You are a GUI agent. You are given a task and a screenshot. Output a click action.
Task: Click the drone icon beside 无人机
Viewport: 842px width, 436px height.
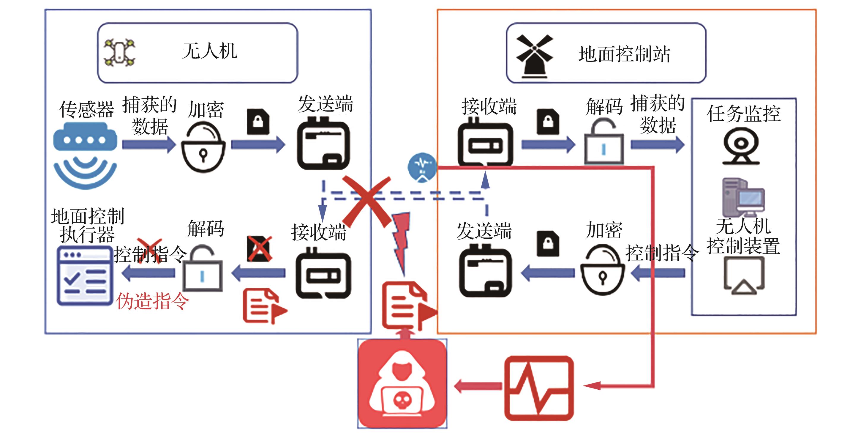point(119,52)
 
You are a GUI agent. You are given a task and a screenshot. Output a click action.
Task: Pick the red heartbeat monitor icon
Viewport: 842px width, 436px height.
point(539,388)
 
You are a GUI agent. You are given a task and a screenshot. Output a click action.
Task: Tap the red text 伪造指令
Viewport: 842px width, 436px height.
point(152,301)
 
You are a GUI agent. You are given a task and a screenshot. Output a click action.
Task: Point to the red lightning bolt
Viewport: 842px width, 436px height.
point(402,242)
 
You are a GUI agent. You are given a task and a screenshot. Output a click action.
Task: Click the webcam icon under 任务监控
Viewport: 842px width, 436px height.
point(741,146)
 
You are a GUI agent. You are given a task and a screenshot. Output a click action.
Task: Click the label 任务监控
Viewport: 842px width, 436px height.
point(744,114)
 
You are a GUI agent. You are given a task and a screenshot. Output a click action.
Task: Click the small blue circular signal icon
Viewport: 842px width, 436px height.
point(422,167)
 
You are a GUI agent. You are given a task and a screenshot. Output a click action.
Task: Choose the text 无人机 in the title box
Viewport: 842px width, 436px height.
point(209,51)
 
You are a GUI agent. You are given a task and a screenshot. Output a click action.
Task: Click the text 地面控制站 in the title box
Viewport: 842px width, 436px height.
point(624,54)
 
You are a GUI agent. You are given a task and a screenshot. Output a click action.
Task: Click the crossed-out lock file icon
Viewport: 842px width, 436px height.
point(259,248)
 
